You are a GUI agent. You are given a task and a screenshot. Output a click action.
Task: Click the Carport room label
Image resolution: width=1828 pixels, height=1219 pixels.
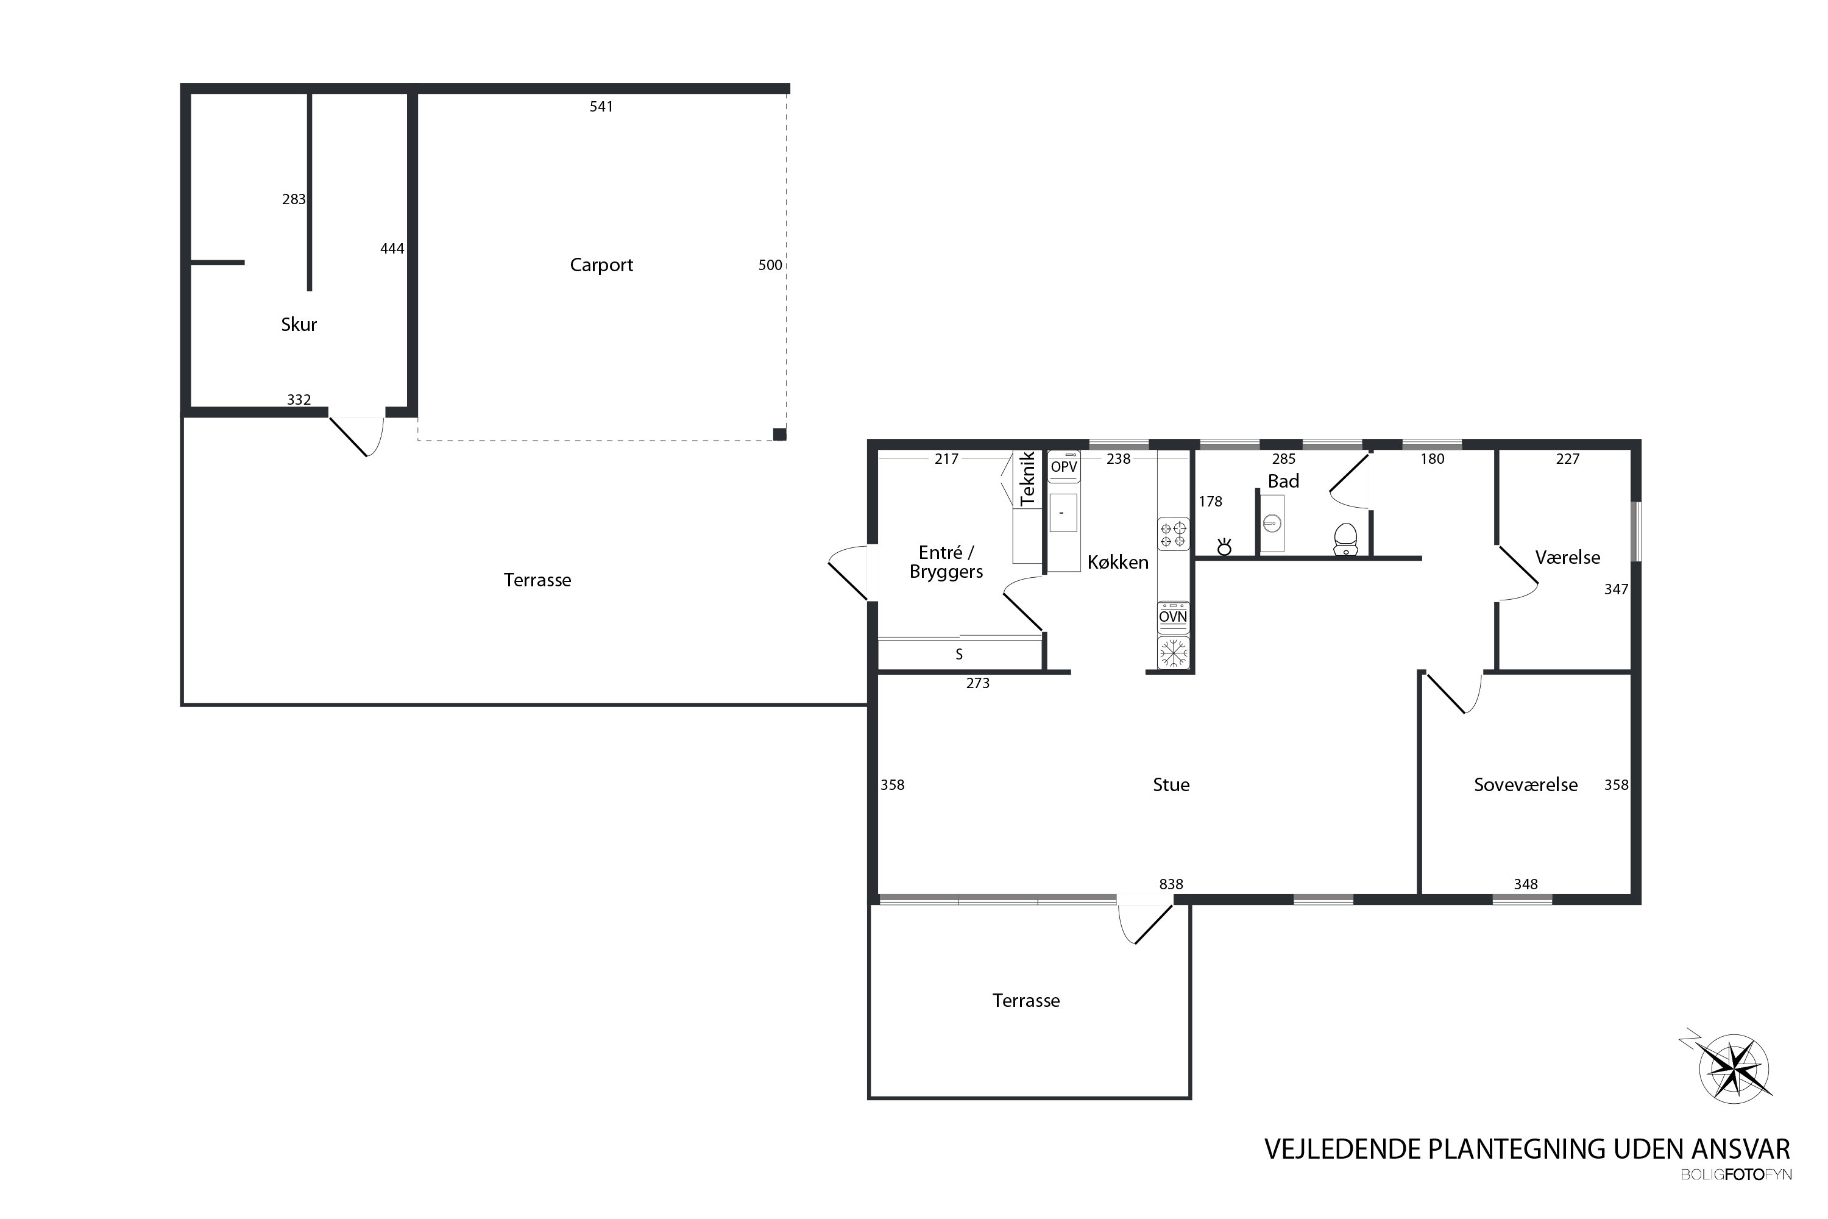click(601, 265)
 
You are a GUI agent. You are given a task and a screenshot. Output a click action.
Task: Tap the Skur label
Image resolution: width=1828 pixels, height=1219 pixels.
click(299, 324)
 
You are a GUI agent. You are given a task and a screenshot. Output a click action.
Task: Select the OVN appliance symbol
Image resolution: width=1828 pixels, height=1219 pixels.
click(1173, 616)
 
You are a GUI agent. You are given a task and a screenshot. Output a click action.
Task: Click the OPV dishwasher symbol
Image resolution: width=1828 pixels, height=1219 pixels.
click(1064, 466)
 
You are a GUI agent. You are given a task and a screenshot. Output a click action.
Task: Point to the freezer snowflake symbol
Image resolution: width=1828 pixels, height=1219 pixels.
click(1173, 653)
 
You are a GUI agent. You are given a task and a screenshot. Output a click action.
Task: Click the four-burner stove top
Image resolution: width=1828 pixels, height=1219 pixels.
click(1173, 534)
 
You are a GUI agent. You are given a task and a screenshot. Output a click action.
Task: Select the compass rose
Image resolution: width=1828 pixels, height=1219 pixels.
click(1735, 1069)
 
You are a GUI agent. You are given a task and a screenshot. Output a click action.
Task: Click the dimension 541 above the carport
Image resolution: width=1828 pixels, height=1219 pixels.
click(601, 107)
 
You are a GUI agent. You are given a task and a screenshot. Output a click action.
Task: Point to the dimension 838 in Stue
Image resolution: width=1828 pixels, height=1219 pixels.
click(1171, 884)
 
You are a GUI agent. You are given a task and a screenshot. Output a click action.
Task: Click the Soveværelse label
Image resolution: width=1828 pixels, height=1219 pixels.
click(1525, 785)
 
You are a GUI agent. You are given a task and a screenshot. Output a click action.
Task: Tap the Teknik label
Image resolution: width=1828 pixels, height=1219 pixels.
click(1027, 479)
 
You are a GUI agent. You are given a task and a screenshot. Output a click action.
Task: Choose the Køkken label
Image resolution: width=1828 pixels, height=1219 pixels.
click(1118, 562)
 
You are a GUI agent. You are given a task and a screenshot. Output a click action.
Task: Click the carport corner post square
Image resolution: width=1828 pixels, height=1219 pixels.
click(779, 435)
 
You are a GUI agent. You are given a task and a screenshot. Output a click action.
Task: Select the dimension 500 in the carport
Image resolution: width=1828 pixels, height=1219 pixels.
click(770, 265)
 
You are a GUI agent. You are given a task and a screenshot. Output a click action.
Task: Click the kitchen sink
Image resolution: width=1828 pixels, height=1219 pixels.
click(1063, 513)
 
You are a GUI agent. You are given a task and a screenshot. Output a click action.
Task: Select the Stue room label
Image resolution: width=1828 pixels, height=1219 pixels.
click(1171, 785)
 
